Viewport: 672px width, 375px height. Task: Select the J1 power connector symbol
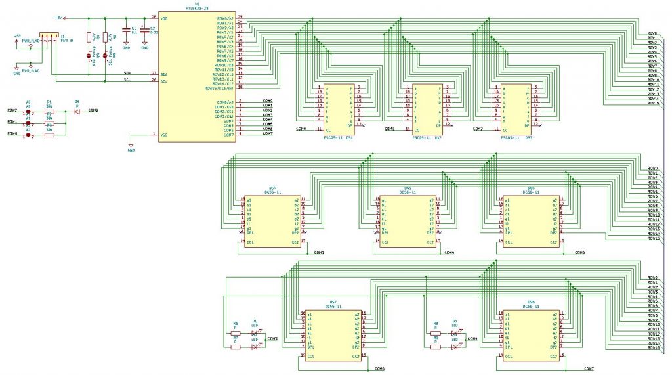pos(49,35)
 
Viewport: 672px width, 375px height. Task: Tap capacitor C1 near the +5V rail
pos(127,30)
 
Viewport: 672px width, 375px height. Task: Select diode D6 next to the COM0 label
pos(76,112)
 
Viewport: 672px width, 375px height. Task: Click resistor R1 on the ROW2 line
pos(49,112)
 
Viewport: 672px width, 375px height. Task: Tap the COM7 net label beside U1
pos(268,134)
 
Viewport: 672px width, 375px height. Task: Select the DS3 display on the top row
pos(516,108)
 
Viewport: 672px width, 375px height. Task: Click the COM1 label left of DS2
pos(389,130)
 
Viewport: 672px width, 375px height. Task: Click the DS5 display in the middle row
pos(408,221)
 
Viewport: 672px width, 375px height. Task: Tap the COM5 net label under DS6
pos(579,253)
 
